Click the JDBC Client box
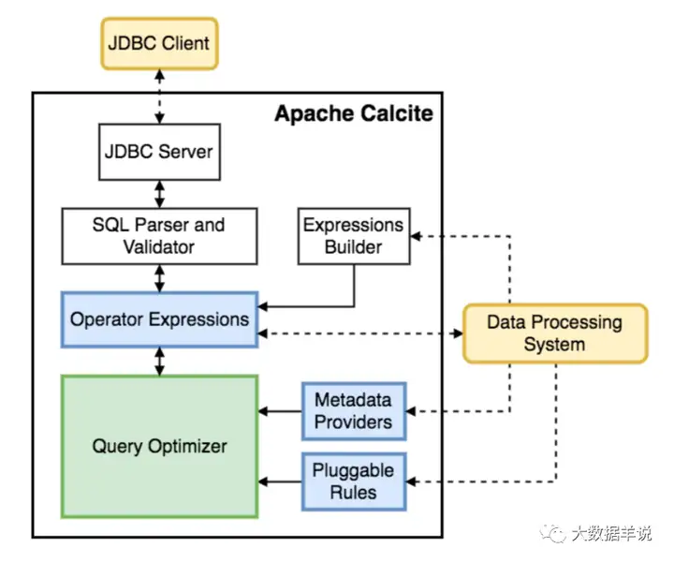(159, 42)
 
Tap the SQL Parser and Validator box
(158, 235)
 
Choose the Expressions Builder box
(353, 235)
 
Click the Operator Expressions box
(159, 319)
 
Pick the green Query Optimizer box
(159, 446)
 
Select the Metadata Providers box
(353, 410)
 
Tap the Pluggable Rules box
(353, 481)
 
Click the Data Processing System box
(554, 333)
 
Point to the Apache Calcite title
(353, 114)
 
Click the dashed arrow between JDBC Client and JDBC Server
(159, 94)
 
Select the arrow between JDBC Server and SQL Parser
(159, 194)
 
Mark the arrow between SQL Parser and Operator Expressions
(159, 277)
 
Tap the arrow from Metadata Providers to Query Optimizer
(280, 410)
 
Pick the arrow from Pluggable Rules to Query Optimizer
(280, 481)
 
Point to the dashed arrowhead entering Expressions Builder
(417, 236)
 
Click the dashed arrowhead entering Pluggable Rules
(413, 481)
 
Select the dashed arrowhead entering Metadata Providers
(413, 410)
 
